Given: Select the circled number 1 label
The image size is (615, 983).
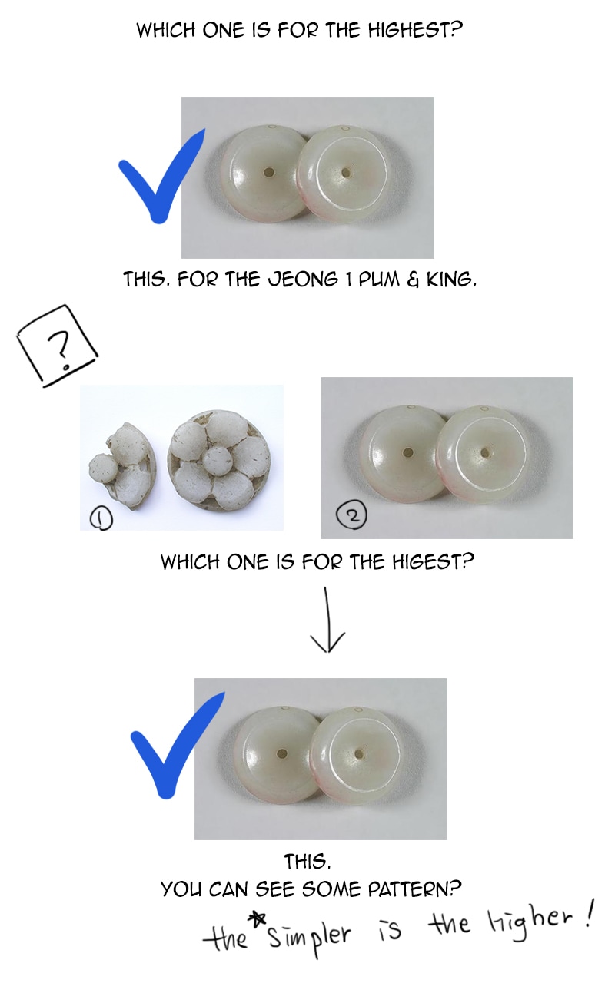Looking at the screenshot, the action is point(101,519).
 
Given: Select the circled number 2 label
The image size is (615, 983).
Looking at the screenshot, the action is point(351,515).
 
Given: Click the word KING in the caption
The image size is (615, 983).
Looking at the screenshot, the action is point(451,280).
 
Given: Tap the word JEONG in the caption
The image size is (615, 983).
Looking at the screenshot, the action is point(303,280).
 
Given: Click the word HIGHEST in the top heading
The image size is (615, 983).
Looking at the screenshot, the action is point(415,30).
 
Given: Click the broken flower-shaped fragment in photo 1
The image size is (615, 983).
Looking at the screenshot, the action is point(121,466).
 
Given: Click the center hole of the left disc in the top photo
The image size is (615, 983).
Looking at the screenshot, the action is point(268,173).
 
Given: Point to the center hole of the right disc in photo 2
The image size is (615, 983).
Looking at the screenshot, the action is point(484,452).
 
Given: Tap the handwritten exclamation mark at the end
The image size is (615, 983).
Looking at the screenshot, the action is point(588,913).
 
